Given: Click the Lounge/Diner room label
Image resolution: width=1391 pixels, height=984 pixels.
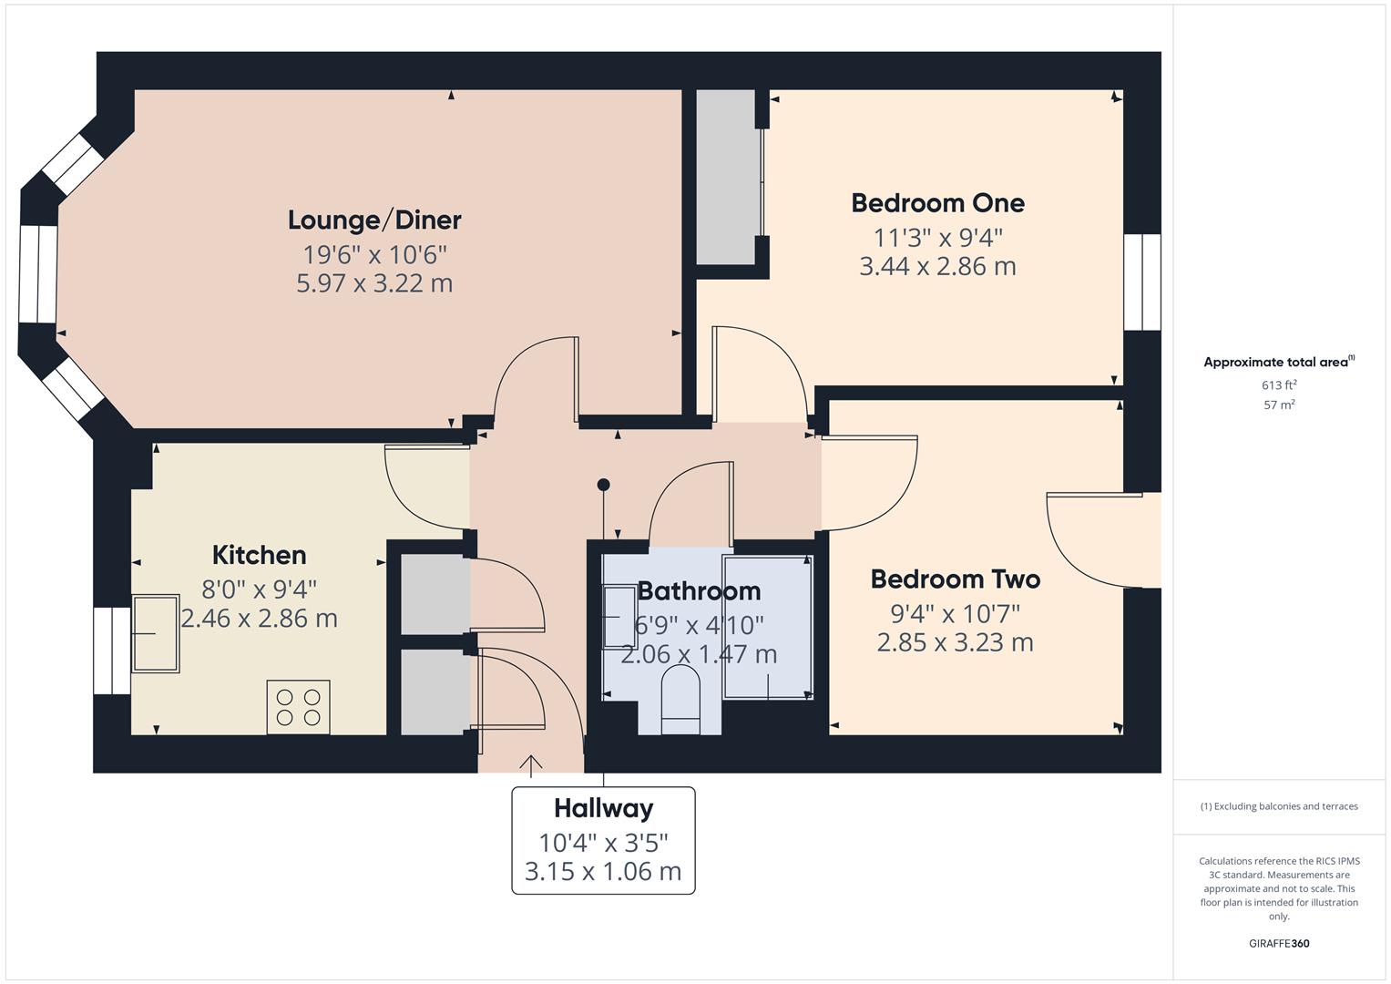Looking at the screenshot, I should pos(374,220).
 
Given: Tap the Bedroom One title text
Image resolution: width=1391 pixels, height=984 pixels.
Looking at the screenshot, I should pos(937,202).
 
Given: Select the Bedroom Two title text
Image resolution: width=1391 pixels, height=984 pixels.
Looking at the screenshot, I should pos(955,579).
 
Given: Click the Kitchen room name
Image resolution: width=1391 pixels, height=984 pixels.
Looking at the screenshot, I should pos(259,554).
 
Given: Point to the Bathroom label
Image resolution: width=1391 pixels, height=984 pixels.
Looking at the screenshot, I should pos(699,590).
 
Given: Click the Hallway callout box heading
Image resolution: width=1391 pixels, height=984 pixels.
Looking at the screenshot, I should pos(603,808).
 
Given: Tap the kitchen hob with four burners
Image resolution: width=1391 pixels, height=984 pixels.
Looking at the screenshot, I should pos(298,707).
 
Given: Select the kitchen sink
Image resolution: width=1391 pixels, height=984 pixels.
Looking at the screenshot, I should pos(156,634).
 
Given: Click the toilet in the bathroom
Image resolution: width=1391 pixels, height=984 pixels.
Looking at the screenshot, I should pos(680,699).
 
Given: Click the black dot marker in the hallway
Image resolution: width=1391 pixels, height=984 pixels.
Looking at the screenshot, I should pos(603,485).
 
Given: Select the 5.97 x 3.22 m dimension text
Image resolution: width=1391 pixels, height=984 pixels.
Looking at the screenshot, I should pos(374,283).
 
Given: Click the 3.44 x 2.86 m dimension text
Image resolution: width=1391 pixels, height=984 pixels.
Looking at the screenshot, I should pos(937,266).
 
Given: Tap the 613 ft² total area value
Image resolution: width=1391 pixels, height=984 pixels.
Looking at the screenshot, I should pos(1278,384).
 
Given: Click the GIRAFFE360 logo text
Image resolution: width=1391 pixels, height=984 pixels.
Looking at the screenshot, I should pos(1278,943).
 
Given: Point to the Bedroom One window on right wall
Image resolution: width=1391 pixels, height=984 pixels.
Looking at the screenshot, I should pos(1141,282).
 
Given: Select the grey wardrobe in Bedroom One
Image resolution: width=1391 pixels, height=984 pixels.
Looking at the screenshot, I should pos(727,178).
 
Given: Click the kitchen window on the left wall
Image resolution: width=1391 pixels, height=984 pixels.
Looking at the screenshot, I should pos(112,651).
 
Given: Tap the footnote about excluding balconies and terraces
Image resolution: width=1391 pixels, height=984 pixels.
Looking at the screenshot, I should pos(1278,806).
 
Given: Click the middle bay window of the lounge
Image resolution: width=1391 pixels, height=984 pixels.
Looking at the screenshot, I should pos(38,274).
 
